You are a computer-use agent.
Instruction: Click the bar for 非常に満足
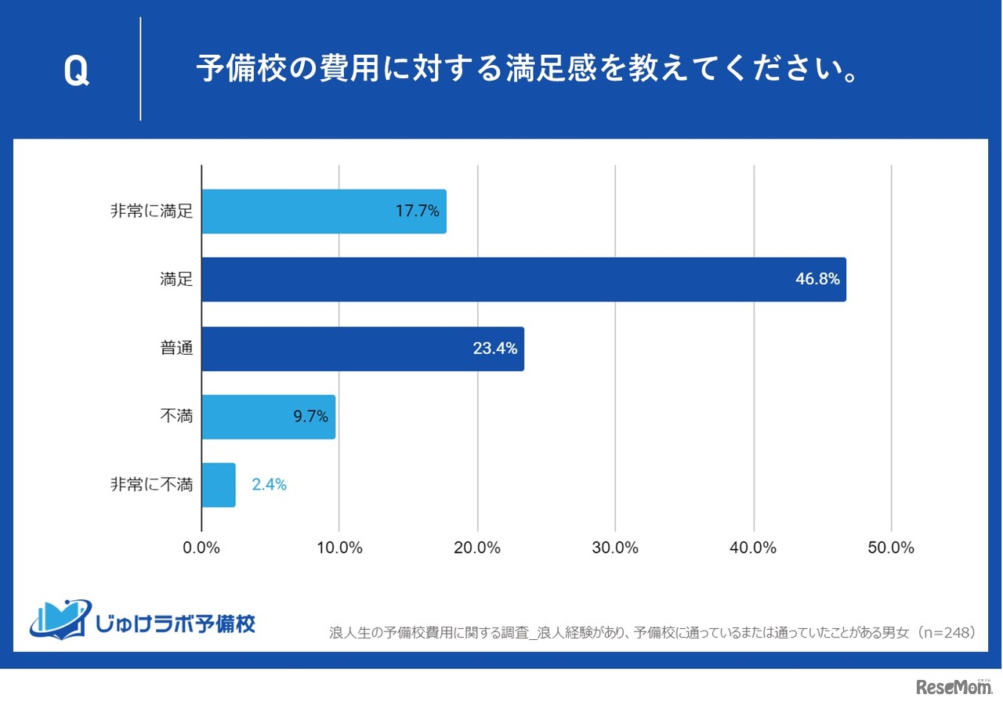coord(324,211)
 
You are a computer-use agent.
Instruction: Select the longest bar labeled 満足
coord(523,280)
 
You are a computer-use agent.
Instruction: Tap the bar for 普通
coord(362,349)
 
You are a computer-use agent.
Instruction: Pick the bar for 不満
coord(268,417)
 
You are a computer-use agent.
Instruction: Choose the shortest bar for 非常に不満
coord(219,485)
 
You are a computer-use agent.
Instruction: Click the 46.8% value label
coord(818,280)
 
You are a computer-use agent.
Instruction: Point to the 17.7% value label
coord(418,211)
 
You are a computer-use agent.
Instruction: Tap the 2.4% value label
coord(269,485)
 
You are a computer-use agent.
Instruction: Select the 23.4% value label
coord(495,349)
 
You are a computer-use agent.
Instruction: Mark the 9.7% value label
coord(310,417)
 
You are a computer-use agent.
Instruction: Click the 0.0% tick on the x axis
coord(201,548)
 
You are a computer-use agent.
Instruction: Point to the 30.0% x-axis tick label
coord(615,548)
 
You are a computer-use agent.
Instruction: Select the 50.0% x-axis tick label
coord(891,548)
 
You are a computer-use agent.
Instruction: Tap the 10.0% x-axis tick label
coord(339,548)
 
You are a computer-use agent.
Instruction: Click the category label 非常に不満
coord(151,485)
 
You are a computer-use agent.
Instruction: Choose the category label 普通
coord(176,349)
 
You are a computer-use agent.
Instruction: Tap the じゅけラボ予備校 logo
coord(143,619)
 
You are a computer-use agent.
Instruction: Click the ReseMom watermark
coord(954,687)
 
